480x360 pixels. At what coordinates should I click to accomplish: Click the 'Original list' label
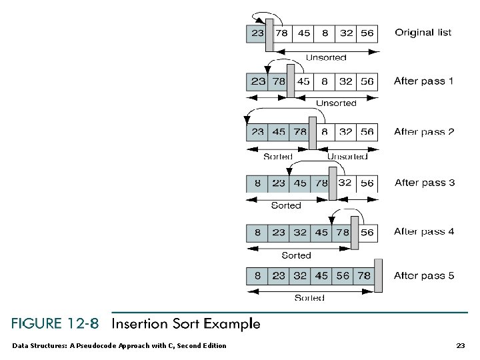click(423, 33)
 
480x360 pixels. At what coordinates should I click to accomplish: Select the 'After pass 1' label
click(423, 81)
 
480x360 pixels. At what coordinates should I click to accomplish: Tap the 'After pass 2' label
click(423, 132)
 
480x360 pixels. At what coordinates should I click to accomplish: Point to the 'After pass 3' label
click(425, 183)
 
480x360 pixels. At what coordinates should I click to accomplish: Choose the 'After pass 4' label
click(423, 232)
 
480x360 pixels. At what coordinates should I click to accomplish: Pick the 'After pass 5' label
click(423, 276)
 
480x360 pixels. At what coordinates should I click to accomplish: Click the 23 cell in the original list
click(257, 33)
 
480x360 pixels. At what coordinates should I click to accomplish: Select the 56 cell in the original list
click(367, 33)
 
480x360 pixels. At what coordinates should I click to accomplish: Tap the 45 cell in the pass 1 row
click(303, 82)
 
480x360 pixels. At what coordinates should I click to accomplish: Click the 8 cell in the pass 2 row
click(324, 132)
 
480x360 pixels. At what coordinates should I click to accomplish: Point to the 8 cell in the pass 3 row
click(257, 183)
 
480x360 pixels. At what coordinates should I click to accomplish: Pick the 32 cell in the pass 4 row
click(300, 233)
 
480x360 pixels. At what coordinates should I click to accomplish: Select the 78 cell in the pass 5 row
click(364, 276)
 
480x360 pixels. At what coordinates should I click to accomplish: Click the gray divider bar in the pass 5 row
click(378, 276)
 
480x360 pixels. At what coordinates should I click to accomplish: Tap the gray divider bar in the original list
click(269, 34)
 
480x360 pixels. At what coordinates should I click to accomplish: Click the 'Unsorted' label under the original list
click(326, 58)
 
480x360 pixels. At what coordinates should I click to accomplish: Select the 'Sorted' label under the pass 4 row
click(296, 255)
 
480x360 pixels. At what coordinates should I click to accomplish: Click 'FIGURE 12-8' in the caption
click(55, 325)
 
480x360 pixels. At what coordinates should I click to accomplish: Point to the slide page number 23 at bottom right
click(460, 345)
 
